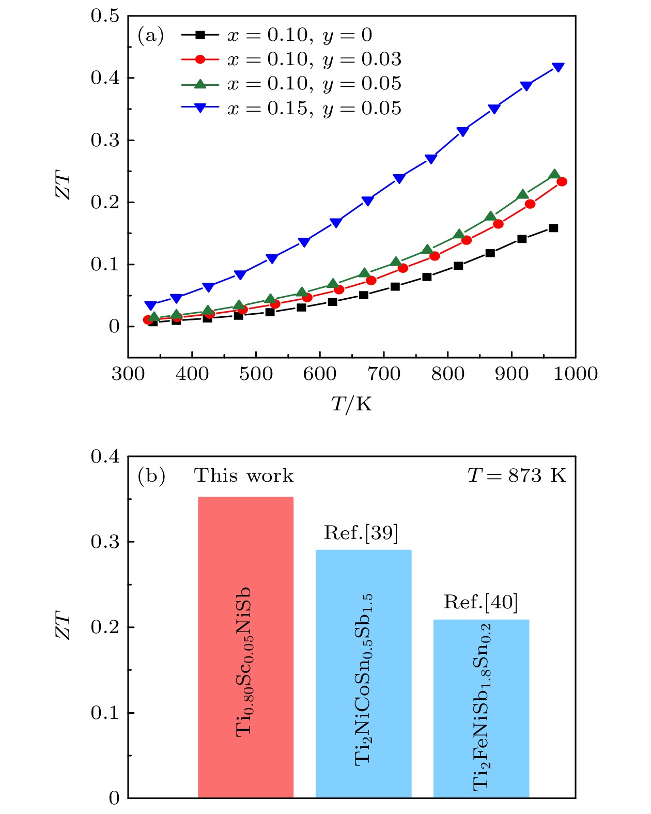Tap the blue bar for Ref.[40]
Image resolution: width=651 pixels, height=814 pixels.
click(x=481, y=708)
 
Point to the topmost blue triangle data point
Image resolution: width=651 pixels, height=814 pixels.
click(x=558, y=67)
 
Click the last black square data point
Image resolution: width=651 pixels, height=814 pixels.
click(x=553, y=228)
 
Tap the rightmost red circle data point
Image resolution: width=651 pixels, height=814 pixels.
click(x=562, y=181)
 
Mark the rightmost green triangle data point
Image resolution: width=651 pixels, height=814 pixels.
click(x=554, y=175)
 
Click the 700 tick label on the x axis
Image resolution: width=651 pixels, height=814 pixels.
click(x=384, y=374)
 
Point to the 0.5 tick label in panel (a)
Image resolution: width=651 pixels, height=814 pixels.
click(x=105, y=16)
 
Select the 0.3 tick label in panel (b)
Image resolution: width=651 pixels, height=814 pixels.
click(x=105, y=542)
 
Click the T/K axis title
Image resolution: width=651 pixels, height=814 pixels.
click(x=351, y=404)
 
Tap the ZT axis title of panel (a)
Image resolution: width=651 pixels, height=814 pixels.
click(x=63, y=187)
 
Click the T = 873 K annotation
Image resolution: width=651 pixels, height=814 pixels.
click(x=517, y=475)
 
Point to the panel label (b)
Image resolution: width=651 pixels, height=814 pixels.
click(x=151, y=475)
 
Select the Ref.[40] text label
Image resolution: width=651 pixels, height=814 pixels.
click(x=481, y=602)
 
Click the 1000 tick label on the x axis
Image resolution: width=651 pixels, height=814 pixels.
click(x=575, y=374)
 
